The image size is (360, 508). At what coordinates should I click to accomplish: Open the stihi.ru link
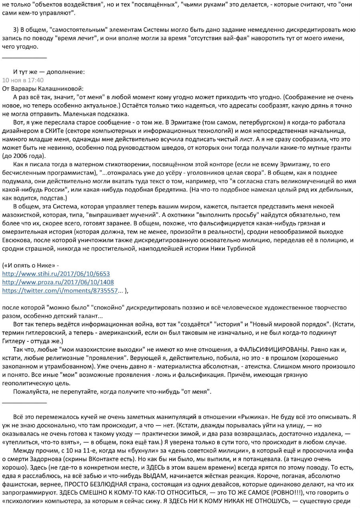pyautogui.click(x=56, y=274)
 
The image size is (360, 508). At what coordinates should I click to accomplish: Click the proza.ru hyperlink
pyautogui.click(x=58, y=282)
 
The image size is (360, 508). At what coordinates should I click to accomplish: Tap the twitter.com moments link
pyautogui.click(x=60, y=291)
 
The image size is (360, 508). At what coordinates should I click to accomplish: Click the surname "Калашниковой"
pyautogui.click(x=62, y=88)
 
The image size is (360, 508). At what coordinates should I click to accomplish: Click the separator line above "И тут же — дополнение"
pyautogui.click(x=24, y=58)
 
